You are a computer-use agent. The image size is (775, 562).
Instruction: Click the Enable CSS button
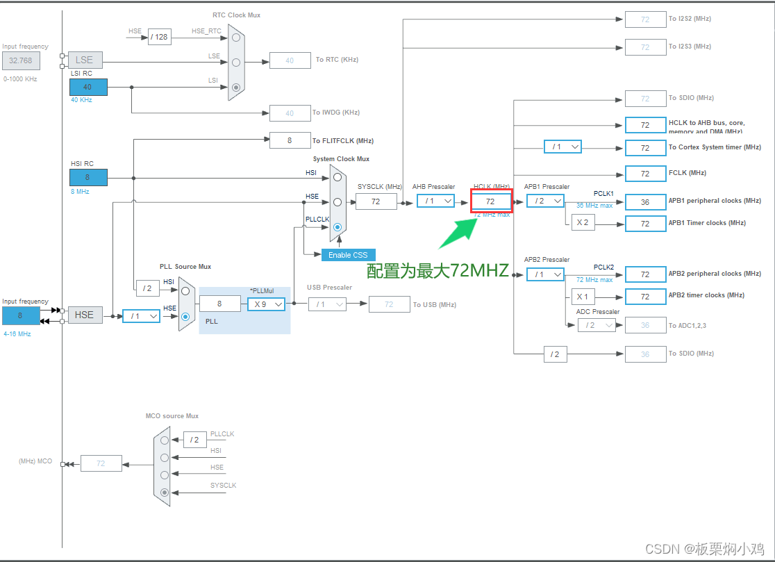click(x=348, y=255)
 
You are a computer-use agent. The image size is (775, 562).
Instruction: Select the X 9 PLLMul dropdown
click(x=267, y=304)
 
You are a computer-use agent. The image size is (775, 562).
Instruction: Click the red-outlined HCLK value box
click(x=491, y=201)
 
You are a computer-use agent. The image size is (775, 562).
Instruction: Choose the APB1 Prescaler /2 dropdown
click(x=545, y=201)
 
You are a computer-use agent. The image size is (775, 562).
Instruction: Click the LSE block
click(x=85, y=60)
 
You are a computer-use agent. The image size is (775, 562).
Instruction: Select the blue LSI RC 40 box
click(x=88, y=87)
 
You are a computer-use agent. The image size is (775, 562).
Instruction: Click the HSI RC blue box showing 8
click(x=88, y=177)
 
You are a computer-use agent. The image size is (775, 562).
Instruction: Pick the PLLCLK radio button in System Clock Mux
click(x=337, y=227)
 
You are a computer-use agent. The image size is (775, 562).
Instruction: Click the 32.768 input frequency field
click(x=21, y=60)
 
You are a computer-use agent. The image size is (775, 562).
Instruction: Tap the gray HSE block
click(x=85, y=315)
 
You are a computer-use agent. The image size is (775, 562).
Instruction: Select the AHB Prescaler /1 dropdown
click(x=435, y=201)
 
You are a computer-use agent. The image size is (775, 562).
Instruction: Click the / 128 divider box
click(x=159, y=36)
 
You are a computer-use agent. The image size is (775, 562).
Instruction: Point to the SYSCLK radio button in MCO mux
click(x=165, y=493)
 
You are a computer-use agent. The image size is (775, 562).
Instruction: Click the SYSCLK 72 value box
click(x=376, y=201)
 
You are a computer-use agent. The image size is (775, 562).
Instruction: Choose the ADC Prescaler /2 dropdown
click(x=596, y=324)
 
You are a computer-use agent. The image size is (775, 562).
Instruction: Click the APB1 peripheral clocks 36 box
click(x=645, y=201)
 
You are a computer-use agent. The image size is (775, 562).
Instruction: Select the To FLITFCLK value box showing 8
click(x=290, y=140)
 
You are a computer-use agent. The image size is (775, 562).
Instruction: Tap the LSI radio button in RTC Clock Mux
click(x=236, y=88)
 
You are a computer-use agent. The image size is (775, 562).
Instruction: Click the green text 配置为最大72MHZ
click(x=437, y=271)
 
